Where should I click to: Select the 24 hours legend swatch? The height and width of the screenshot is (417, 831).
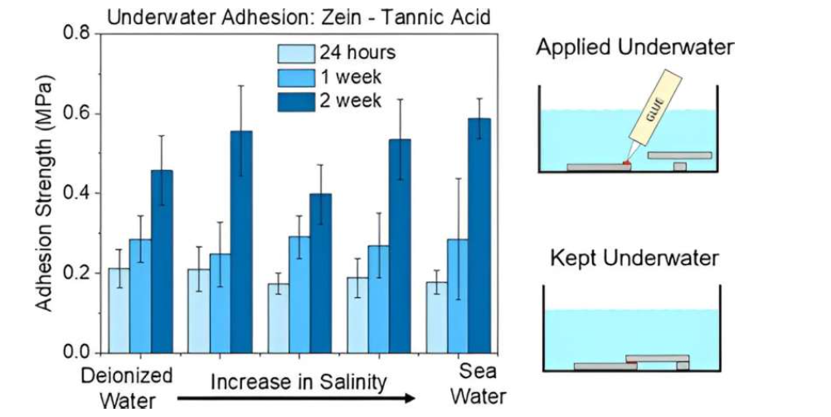coord(294,53)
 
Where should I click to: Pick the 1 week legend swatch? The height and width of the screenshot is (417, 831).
coord(294,77)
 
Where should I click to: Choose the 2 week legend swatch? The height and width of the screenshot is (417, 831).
coord(294,100)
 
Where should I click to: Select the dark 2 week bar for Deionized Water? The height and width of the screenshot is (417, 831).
coord(162,261)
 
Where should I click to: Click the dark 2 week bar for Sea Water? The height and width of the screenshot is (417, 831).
coord(479,235)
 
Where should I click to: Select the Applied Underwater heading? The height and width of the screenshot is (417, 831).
coord(634,47)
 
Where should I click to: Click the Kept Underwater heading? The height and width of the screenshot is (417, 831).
coord(634,258)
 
